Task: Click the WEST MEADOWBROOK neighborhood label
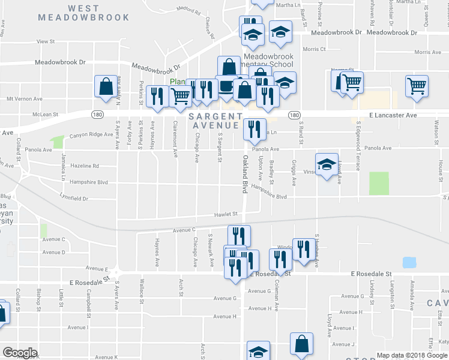tap(83, 13)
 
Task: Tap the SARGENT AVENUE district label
tap(216, 121)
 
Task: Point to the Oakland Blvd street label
tap(245, 174)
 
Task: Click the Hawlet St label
tap(228, 214)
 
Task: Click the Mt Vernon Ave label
tap(24, 98)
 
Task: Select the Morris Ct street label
tap(314, 49)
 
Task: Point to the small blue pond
tap(409, 262)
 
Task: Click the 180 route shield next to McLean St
tap(98, 114)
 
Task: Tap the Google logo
tap(20, 353)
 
